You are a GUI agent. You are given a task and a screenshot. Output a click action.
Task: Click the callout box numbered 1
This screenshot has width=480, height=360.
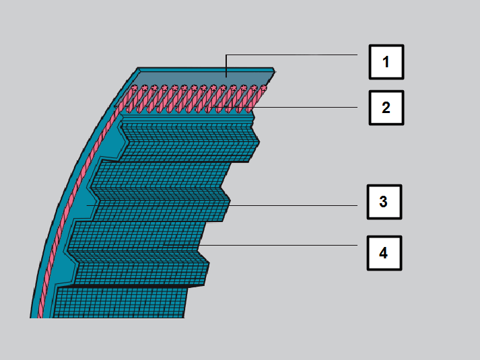(x=386, y=62)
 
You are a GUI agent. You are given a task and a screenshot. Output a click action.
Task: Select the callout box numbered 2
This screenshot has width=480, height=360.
(x=386, y=108)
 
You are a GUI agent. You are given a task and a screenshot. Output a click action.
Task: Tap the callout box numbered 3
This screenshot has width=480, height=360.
(x=384, y=202)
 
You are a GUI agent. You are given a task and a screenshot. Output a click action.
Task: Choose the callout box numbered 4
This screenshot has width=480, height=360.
(x=384, y=253)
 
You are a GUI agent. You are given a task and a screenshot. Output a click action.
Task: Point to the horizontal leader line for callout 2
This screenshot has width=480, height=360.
(x=285, y=107)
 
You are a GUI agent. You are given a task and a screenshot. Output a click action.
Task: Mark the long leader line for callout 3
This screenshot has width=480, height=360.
(x=222, y=205)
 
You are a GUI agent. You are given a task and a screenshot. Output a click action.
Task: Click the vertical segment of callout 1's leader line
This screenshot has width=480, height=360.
(x=226, y=66)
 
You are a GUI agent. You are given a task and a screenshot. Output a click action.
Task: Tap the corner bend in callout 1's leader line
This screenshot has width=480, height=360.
(x=226, y=55)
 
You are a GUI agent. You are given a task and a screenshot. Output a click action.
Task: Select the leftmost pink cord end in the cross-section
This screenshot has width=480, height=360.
(x=134, y=88)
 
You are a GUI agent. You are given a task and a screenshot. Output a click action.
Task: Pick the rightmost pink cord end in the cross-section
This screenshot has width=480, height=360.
(x=264, y=88)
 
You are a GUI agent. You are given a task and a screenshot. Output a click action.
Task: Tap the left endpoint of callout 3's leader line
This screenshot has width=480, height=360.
(x=88, y=205)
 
